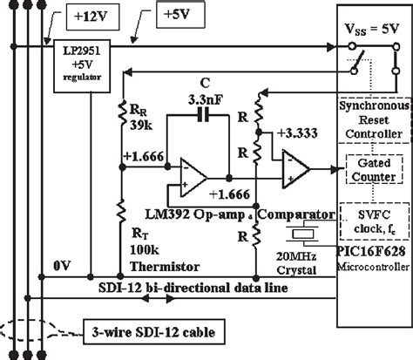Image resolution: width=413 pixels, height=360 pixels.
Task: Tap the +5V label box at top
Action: [x=181, y=17]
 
